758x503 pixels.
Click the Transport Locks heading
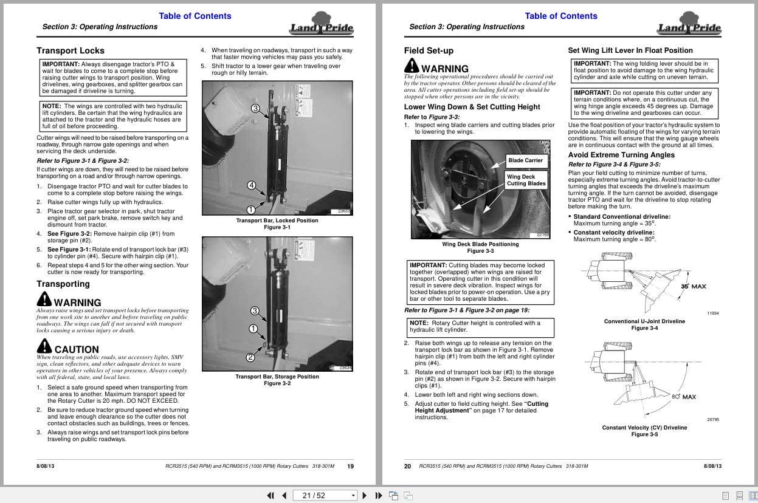point(71,50)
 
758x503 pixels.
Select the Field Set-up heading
point(429,50)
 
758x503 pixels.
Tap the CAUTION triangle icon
point(44,347)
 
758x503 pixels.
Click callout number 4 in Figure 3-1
point(252,185)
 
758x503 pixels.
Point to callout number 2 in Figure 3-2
point(250,357)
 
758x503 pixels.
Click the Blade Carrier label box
point(526,160)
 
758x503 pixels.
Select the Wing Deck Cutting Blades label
point(526,180)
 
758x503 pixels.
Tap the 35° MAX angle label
point(693,286)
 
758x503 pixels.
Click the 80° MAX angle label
point(684,397)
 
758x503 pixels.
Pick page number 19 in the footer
point(350,466)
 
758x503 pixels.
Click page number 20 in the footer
point(407,466)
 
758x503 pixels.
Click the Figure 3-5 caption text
point(644,434)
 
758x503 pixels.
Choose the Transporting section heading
point(63,284)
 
